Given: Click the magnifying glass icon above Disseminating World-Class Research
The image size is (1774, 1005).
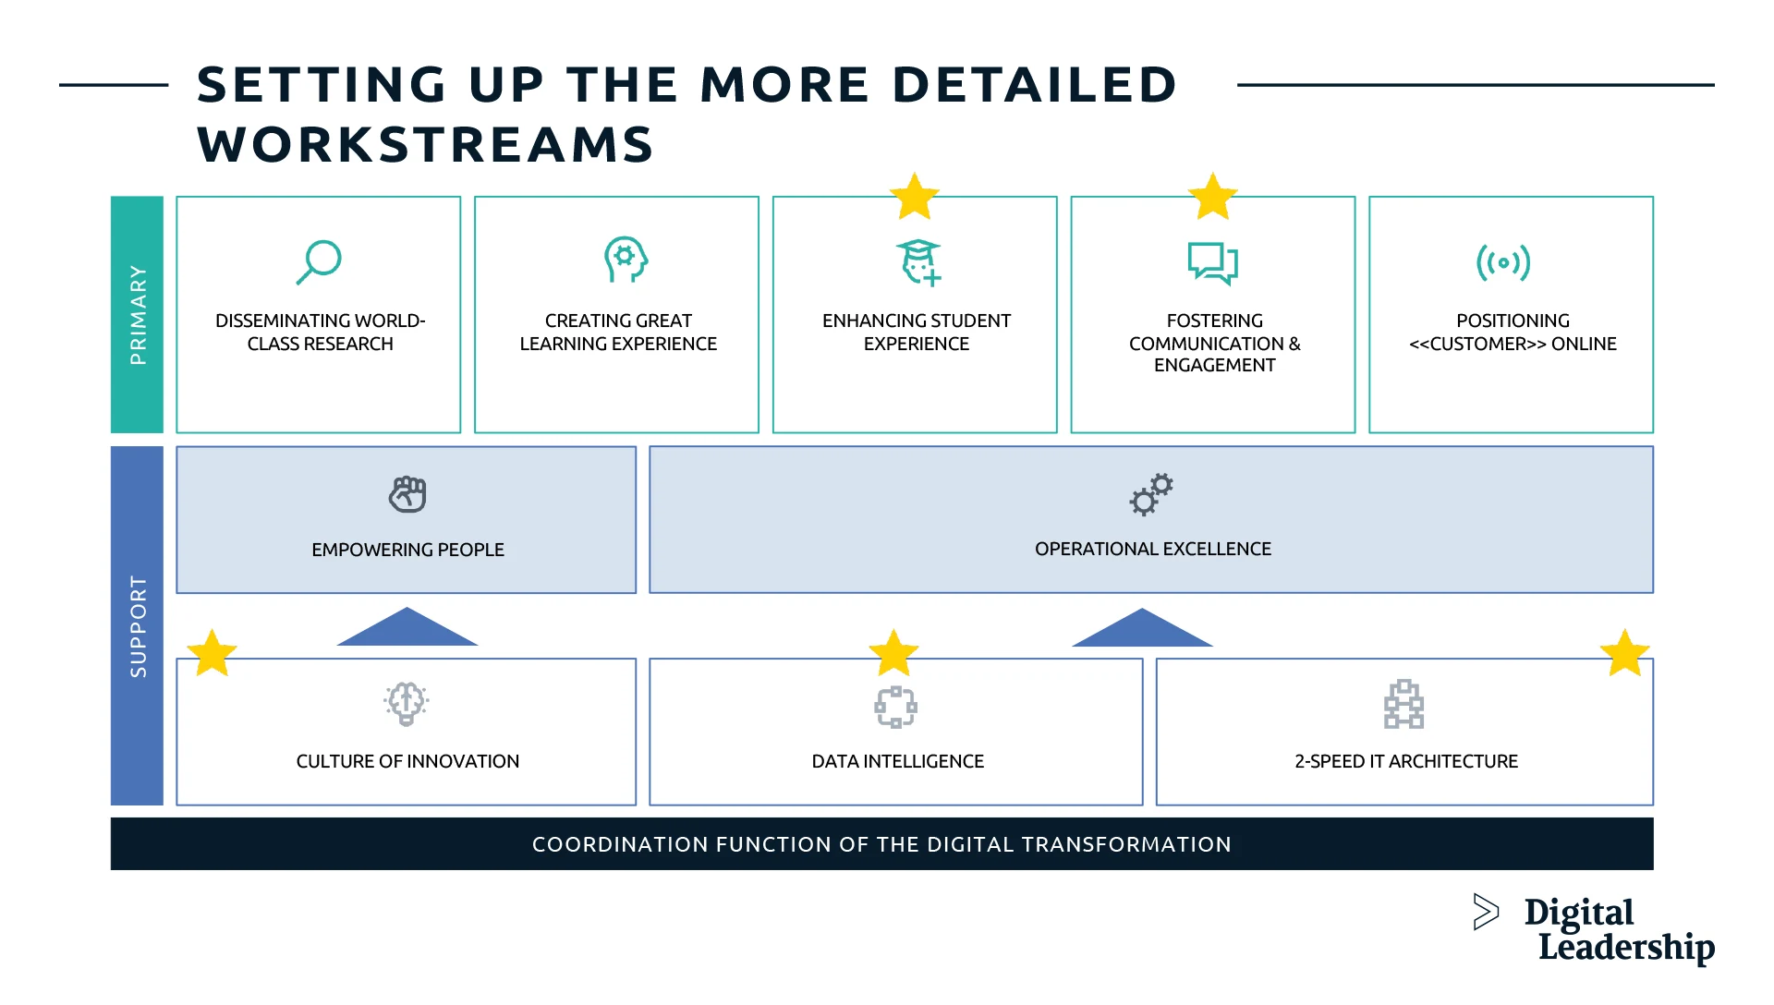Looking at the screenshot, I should tap(320, 262).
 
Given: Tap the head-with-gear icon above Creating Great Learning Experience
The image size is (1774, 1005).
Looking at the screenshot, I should tap(626, 260).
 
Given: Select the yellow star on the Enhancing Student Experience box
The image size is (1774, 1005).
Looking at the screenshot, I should tap(915, 197).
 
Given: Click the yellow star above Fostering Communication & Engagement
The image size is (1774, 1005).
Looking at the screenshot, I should tap(1212, 197).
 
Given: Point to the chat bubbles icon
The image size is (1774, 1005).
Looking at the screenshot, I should tap(1212, 262).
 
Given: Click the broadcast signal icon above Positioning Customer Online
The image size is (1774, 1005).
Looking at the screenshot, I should tap(1503, 262).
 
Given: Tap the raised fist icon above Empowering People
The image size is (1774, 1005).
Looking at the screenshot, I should tap(407, 494).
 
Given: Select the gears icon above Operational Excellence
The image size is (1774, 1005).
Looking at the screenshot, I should tap(1151, 494).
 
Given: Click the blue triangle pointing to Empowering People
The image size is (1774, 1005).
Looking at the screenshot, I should tap(407, 628).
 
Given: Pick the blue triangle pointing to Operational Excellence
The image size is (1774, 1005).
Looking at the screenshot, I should tap(1142, 629).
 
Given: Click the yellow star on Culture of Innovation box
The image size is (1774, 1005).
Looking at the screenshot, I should tap(212, 654).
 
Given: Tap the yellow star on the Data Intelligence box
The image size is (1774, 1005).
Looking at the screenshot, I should tap(893, 654).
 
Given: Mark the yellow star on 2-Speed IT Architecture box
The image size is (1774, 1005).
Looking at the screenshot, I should tap(1624, 654).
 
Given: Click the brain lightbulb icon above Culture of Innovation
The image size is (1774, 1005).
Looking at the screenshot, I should tap(407, 704).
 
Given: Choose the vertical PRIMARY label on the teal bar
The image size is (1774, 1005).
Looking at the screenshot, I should tap(138, 314).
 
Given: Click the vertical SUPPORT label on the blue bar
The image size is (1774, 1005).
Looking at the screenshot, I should tap(138, 626).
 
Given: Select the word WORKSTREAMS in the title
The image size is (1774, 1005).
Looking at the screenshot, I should tap(425, 145).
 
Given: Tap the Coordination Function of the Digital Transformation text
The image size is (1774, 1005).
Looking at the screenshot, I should tap(881, 844).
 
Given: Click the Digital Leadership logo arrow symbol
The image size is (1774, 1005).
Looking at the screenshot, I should tap(1485, 912).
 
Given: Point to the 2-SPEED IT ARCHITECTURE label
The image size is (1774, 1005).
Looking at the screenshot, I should tap(1405, 761).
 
